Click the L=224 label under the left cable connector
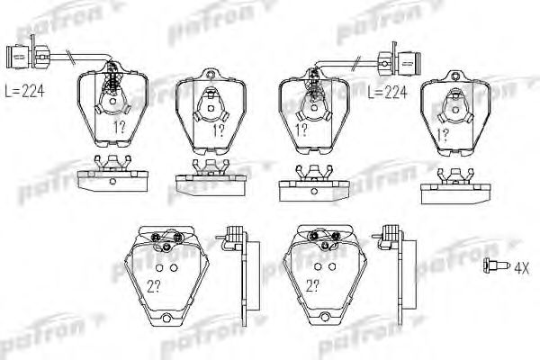point(24,91)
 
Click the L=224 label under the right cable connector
point(388,91)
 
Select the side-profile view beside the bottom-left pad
point(235,270)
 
